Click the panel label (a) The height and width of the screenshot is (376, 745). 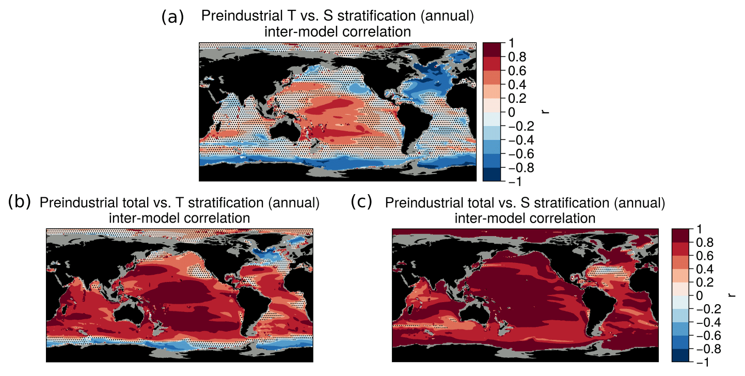[x=172, y=18]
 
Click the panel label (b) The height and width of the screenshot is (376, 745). [x=20, y=202]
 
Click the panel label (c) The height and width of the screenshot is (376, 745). [x=361, y=202]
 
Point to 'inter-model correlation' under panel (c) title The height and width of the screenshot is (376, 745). [x=525, y=218]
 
